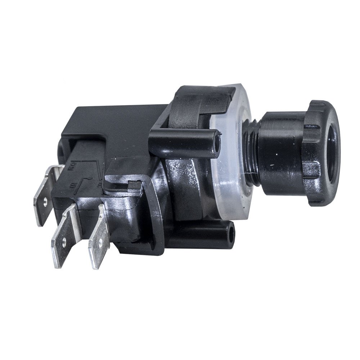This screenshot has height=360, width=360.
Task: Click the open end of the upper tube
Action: point(217,142)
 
